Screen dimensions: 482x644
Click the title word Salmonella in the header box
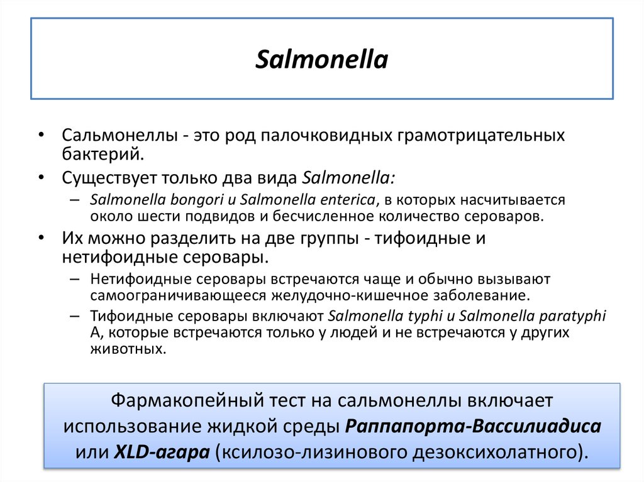tap(322, 60)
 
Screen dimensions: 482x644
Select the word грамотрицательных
tap(480, 136)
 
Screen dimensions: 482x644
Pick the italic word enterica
tap(345, 200)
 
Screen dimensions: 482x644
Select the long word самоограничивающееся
tap(179, 295)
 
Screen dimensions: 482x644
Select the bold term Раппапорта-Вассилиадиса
tap(473, 425)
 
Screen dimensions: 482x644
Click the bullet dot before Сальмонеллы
tap(42, 136)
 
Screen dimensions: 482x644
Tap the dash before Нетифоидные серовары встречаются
tap(75, 278)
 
